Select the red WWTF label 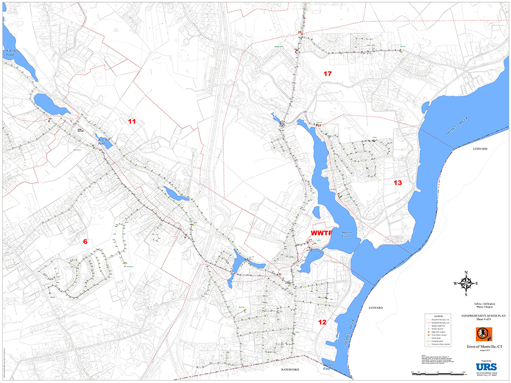click(321, 233)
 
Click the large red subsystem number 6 click(86, 242)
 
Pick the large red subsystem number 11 click(132, 122)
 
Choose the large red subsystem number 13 click(398, 183)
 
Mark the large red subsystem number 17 click(328, 74)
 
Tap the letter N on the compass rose click(466, 272)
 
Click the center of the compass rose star click(466, 283)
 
